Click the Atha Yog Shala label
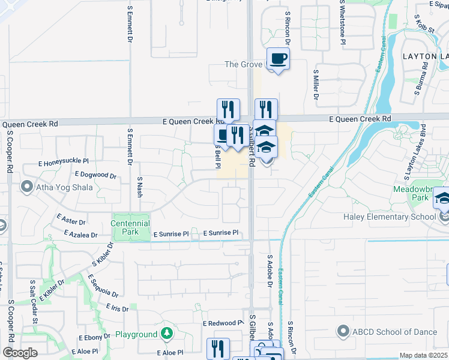66,187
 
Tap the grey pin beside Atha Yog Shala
26,187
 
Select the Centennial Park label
130,227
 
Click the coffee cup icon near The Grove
278,59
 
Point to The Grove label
244,64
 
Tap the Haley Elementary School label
390,217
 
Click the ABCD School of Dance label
390,331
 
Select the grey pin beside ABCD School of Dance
343,331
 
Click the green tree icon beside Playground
168,333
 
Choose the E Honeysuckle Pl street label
64,162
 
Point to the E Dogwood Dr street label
95,175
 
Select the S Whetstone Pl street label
342,22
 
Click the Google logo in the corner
20,353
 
